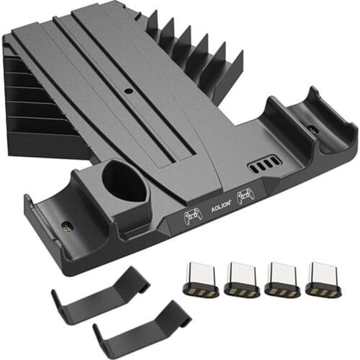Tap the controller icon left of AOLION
[192, 214]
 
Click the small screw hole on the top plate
[128, 91]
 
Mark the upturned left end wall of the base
[32, 216]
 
